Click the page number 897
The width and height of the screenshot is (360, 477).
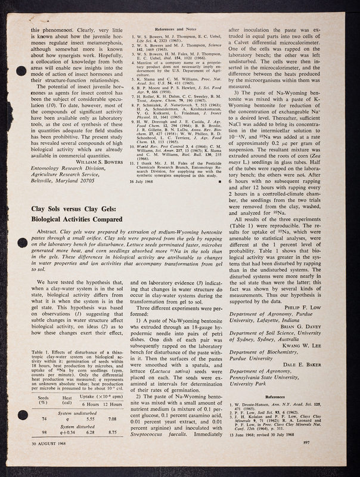click(325, 458)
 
